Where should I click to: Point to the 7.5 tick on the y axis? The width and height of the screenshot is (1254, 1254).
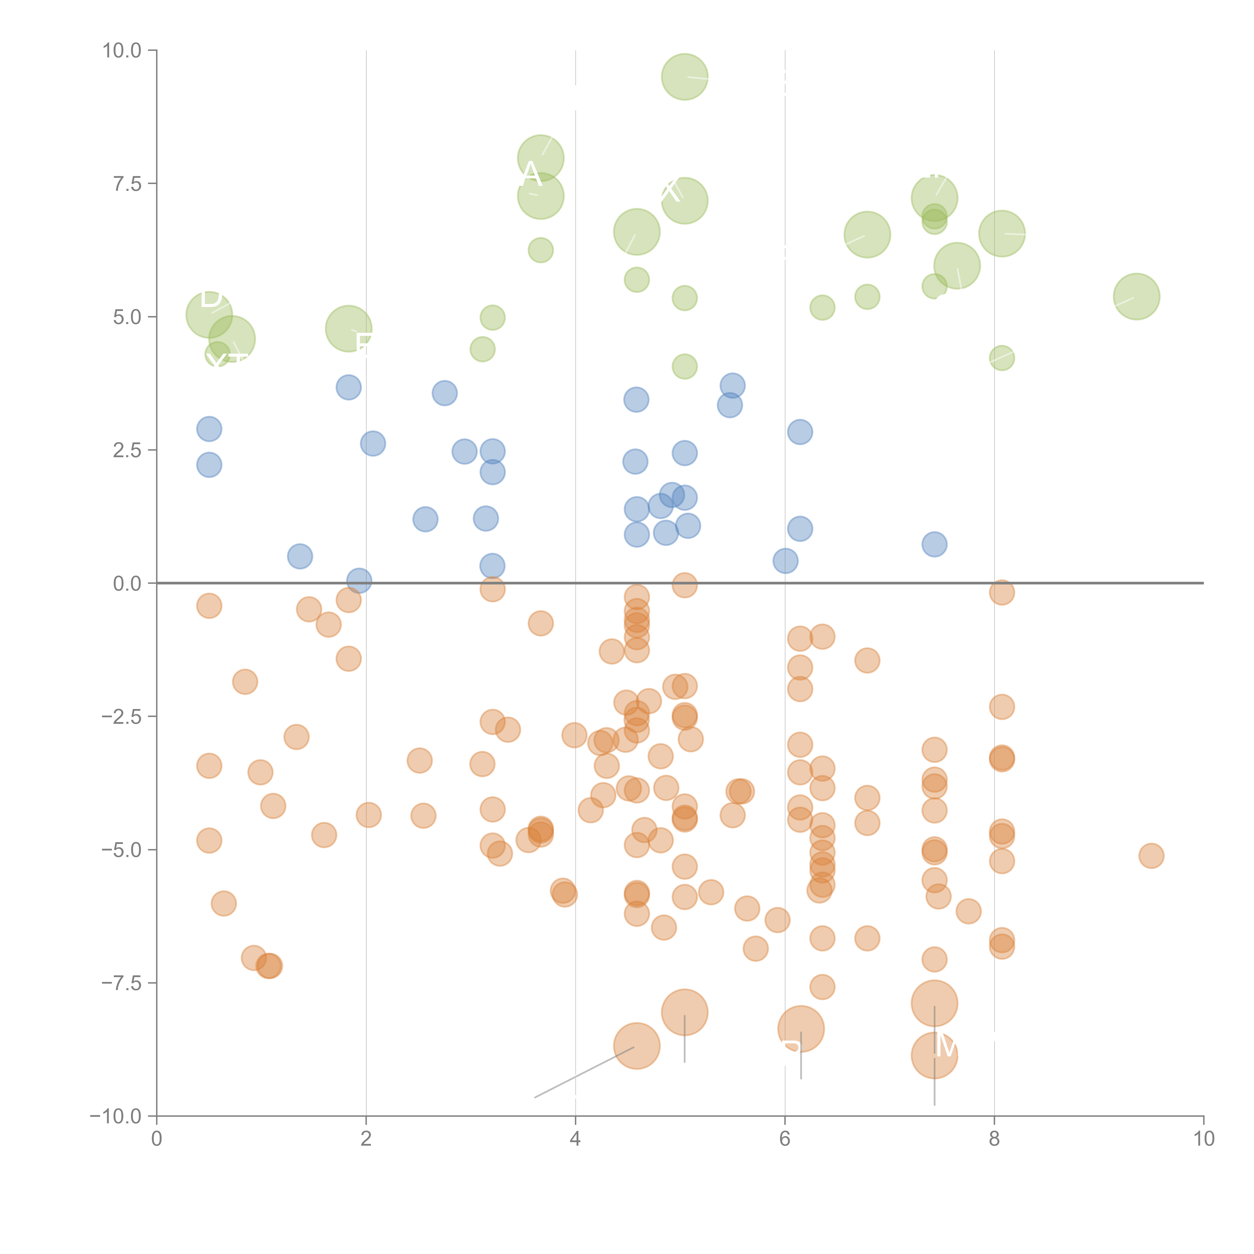click(x=127, y=184)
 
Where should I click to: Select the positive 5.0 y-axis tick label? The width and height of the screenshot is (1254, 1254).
click(x=127, y=318)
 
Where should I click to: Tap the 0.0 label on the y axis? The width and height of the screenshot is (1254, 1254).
click(x=127, y=584)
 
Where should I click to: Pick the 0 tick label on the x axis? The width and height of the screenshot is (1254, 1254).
click(x=156, y=1140)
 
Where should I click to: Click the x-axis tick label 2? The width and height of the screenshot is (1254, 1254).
click(x=366, y=1140)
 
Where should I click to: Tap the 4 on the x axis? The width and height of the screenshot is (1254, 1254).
click(x=575, y=1140)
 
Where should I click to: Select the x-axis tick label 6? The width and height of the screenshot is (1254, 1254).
click(x=785, y=1140)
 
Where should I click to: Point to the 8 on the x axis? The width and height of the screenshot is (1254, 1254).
click(x=994, y=1140)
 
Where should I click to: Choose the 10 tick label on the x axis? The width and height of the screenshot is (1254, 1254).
click(x=1203, y=1140)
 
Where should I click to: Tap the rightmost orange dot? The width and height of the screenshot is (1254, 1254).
click(x=1151, y=855)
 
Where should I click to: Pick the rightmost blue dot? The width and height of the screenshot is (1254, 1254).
click(x=934, y=544)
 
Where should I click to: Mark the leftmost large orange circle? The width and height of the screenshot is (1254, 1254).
click(x=637, y=1046)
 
